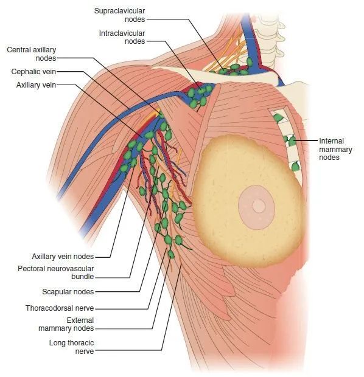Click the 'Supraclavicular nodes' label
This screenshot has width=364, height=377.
click(120, 15)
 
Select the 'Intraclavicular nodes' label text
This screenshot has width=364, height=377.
click(122, 37)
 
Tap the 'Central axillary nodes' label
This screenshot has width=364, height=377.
click(32, 54)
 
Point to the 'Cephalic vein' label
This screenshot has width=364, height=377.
click(33, 72)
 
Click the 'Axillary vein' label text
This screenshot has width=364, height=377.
click(36, 85)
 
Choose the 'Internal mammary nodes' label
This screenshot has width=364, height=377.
click(335, 149)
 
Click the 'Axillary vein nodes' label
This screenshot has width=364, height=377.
click(63, 257)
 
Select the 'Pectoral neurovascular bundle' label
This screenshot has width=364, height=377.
click(56, 272)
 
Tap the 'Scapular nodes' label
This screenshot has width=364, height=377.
click(68, 292)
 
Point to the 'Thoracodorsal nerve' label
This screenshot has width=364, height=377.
click(60, 308)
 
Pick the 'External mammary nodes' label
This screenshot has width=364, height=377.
click(66, 324)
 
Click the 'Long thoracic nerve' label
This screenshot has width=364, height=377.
click(71, 347)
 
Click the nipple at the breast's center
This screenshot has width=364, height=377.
click(259, 206)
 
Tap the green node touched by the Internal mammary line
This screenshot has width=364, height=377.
click(292, 141)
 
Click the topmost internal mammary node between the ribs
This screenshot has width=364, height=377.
click(279, 118)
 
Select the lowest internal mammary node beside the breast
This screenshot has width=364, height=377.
click(295, 166)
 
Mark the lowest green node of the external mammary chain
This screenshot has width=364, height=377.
click(171, 254)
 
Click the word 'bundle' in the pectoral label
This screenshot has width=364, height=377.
click(83, 277)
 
